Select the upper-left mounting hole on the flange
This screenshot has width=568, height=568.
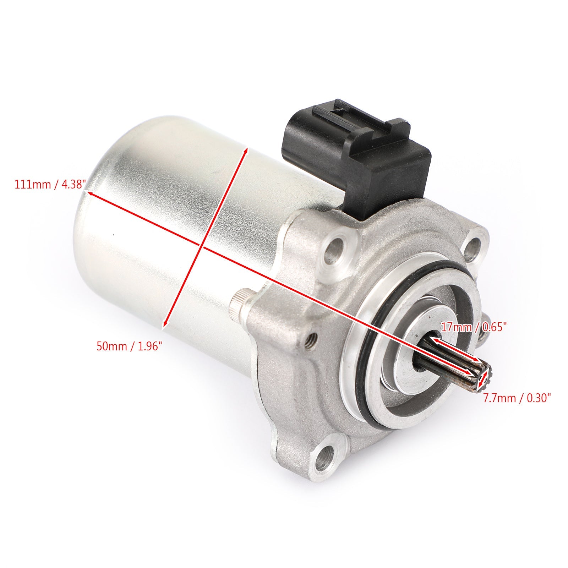point(336,248)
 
